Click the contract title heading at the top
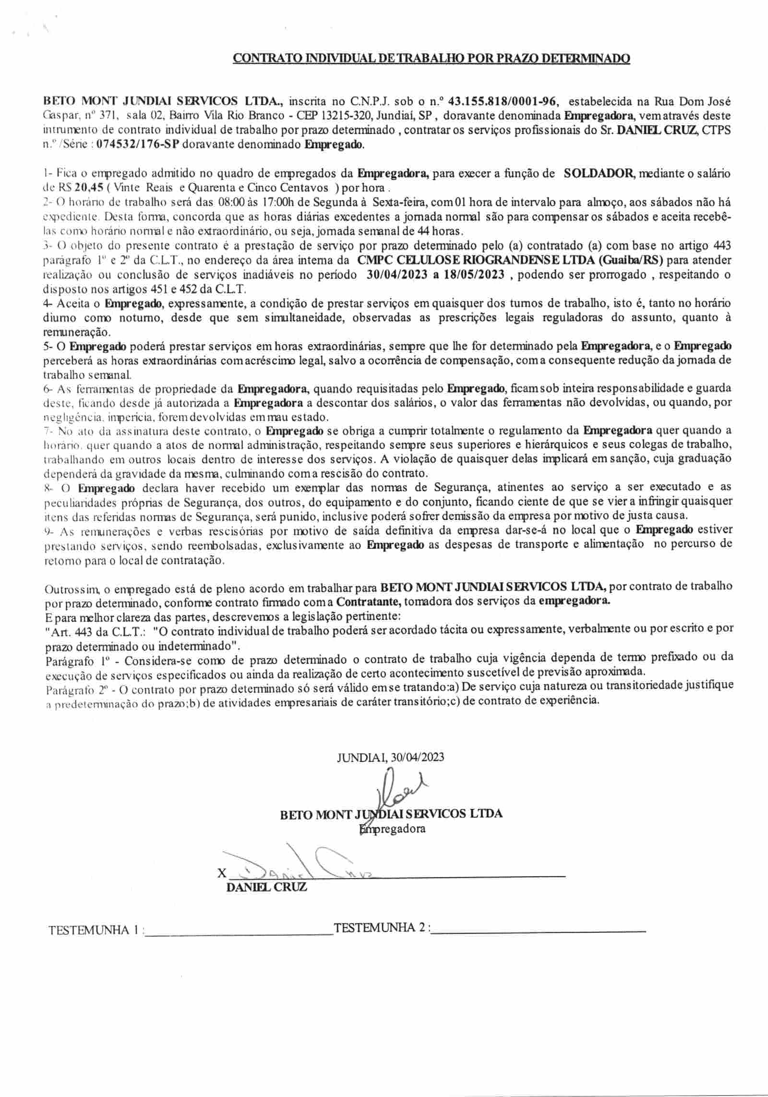click(x=431, y=59)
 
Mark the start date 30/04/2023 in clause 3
click(x=394, y=275)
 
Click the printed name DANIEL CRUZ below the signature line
click(x=266, y=887)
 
